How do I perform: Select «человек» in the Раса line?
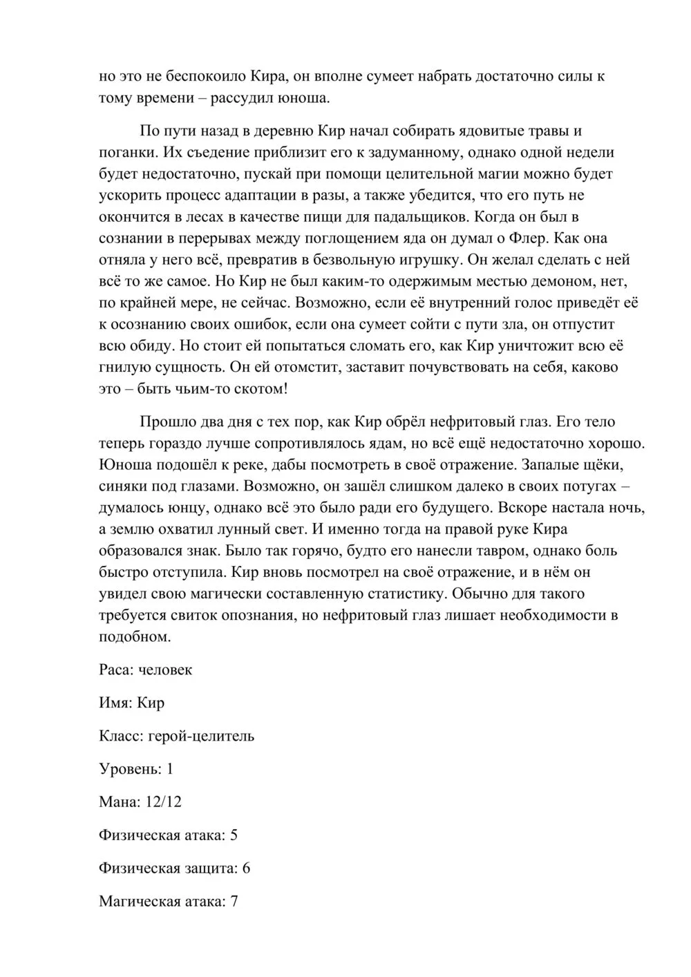165,670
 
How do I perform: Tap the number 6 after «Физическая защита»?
247,868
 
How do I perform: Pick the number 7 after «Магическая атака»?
234,901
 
